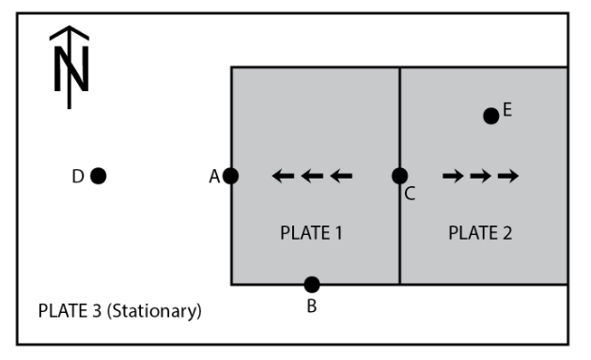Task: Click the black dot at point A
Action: coord(230,175)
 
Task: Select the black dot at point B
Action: coord(312,284)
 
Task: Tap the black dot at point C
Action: coord(399,175)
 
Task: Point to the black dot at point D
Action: coord(98,175)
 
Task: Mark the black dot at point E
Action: coord(490,116)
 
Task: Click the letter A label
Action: coord(214,175)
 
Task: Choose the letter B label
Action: coord(312,306)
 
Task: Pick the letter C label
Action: coord(410,195)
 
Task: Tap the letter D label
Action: coord(79,175)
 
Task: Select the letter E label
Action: coord(507,110)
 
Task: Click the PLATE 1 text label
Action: coord(311,233)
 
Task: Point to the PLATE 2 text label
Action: coord(480,233)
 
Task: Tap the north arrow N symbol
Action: coord(69,66)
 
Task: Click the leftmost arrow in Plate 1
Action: coord(283,175)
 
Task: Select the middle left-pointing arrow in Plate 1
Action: coord(312,175)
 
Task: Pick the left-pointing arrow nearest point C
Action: coord(341,175)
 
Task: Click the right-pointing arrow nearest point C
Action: coord(452,175)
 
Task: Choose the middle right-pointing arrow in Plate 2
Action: coord(480,175)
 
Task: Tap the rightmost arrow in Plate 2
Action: coord(508,175)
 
